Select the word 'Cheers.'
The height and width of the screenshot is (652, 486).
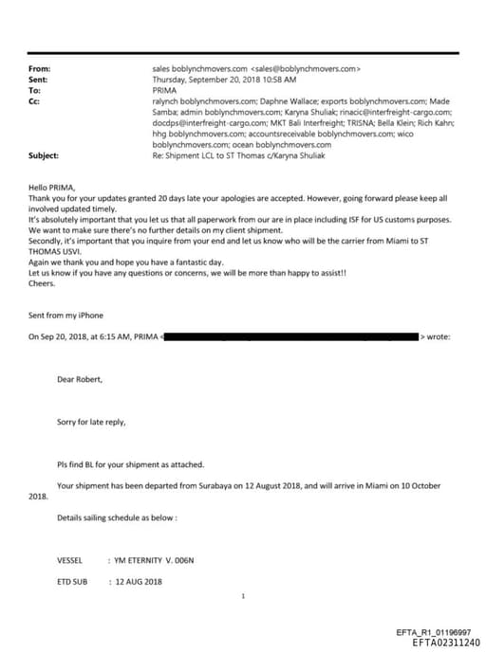pyautogui.click(x=43, y=281)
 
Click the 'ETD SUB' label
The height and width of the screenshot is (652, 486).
pyautogui.click(x=72, y=581)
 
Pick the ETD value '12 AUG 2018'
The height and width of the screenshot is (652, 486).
pyautogui.click(x=140, y=581)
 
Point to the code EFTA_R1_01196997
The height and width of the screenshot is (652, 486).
pyautogui.click(x=432, y=632)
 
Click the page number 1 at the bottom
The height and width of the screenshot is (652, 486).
pyautogui.click(x=244, y=596)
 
